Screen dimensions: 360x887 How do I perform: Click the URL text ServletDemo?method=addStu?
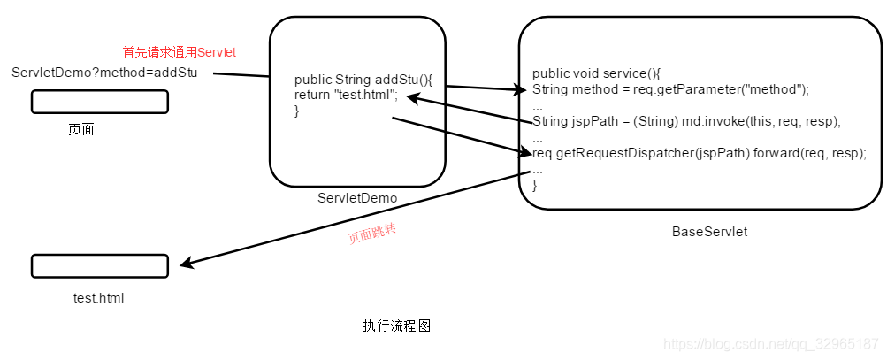pyautogui.click(x=105, y=72)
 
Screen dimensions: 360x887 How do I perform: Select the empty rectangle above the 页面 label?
pyautogui.click(x=100, y=103)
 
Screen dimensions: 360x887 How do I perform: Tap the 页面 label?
pyautogui.click(x=81, y=129)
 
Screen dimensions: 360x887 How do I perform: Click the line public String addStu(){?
pyautogui.click(x=363, y=80)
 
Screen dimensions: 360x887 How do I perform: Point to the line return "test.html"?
pyautogui.click(x=346, y=95)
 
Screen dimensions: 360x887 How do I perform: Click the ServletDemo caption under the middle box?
pyautogui.click(x=357, y=197)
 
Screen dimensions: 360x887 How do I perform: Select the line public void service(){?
pyautogui.click(x=596, y=73)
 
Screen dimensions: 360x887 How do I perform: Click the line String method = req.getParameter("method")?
pyautogui.click(x=670, y=89)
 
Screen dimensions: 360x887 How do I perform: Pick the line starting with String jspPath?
pyautogui.click(x=686, y=121)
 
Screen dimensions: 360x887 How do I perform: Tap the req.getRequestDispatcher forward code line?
pyautogui.click(x=699, y=152)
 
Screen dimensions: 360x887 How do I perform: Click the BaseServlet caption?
pyautogui.click(x=709, y=232)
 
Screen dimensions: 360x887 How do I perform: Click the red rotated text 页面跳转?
pyautogui.click(x=372, y=234)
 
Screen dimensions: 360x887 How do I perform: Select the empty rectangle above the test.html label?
pyautogui.click(x=100, y=265)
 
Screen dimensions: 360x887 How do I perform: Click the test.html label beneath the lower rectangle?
pyautogui.click(x=99, y=298)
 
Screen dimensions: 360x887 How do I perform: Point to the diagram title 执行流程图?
pyautogui.click(x=396, y=326)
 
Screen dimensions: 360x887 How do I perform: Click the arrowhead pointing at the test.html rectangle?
pyautogui.click(x=184, y=264)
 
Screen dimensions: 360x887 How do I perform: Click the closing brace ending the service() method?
pyautogui.click(x=535, y=185)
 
